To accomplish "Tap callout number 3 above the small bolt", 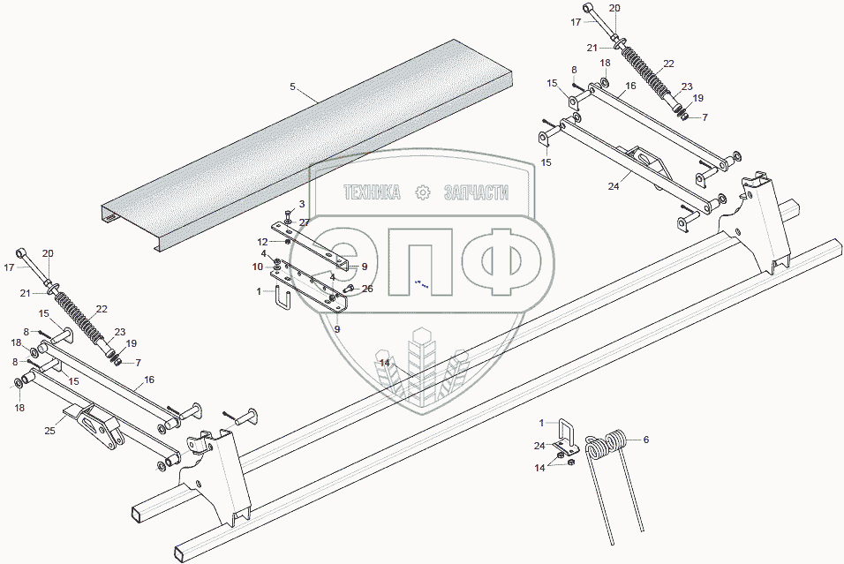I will click(x=301, y=204).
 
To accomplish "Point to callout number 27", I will click(x=304, y=222).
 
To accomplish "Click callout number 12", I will click(x=262, y=242).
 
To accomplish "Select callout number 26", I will click(x=368, y=289).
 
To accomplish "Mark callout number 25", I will click(x=49, y=430).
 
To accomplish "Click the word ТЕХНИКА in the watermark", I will click(x=371, y=192).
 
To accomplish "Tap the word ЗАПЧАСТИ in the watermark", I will click(x=478, y=192).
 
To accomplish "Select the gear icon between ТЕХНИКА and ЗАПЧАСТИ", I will click(x=423, y=192).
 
